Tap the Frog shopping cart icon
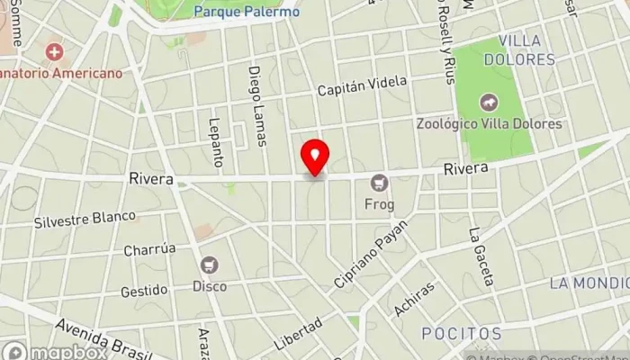(379, 183)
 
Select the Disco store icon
(210, 265)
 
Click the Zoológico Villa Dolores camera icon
(489, 103)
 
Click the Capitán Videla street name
(362, 86)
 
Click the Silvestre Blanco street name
(85, 218)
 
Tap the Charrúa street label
(150, 250)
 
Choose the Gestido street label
(144, 290)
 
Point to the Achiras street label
(414, 299)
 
